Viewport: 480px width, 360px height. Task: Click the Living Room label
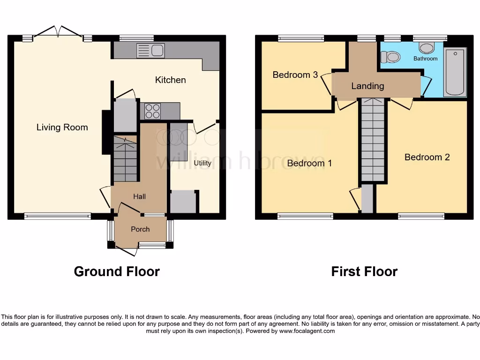coord(62,127)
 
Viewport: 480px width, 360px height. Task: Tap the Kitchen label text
coord(170,80)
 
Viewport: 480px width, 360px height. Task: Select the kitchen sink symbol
coord(150,50)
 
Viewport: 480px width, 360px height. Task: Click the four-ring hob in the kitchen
coord(153,111)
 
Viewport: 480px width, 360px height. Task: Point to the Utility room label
coord(202,163)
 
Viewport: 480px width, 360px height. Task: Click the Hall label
coord(139,196)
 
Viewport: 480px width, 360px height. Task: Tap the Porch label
coord(140,229)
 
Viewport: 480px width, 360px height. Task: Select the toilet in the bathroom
coord(390,57)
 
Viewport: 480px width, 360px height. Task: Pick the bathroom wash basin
coord(426,48)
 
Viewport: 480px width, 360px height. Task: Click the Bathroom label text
coord(425,59)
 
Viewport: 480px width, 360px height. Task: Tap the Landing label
coord(367,86)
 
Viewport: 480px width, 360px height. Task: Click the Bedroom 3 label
coord(295,75)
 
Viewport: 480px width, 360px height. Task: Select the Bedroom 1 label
coord(309,163)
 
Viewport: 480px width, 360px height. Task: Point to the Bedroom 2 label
coord(427,157)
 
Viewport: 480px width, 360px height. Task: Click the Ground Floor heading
coord(117,271)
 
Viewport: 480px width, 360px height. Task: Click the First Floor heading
coord(364,271)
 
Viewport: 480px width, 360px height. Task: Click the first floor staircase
coord(373,141)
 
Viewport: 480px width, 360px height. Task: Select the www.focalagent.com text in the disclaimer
coord(307,331)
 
